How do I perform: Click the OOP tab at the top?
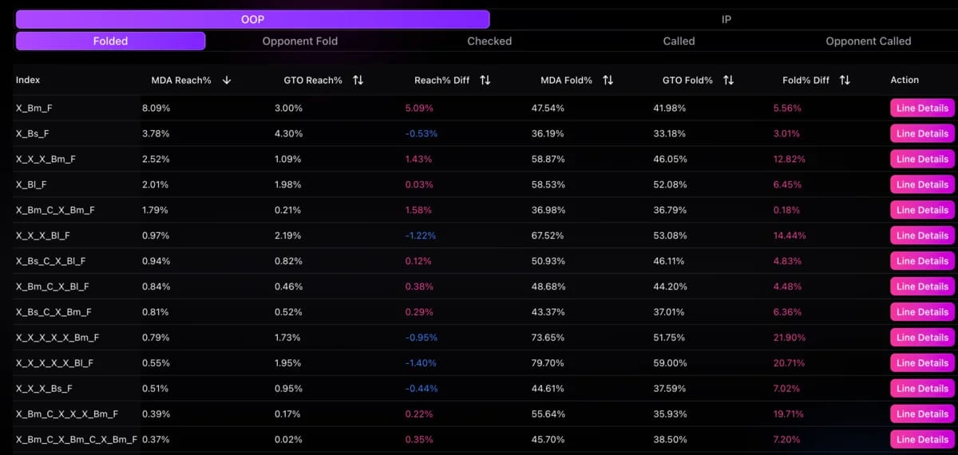point(252,19)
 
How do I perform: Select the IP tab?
point(726,19)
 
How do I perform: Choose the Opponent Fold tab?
point(300,41)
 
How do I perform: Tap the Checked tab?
point(489,41)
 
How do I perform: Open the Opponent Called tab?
point(868,41)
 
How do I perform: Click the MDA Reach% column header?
point(181,80)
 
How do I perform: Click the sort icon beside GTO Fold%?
point(728,81)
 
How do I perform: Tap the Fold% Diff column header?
point(806,80)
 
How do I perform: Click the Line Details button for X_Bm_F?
point(922,108)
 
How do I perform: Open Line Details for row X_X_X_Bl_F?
point(922,235)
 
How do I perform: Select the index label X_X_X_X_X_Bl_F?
point(54,363)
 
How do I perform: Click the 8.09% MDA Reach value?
point(156,108)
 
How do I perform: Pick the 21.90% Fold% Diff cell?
point(789,338)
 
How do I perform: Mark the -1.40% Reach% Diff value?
point(420,363)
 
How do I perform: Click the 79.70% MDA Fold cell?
point(548,363)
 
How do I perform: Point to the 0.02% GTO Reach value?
point(287,440)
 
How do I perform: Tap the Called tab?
point(679,41)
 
